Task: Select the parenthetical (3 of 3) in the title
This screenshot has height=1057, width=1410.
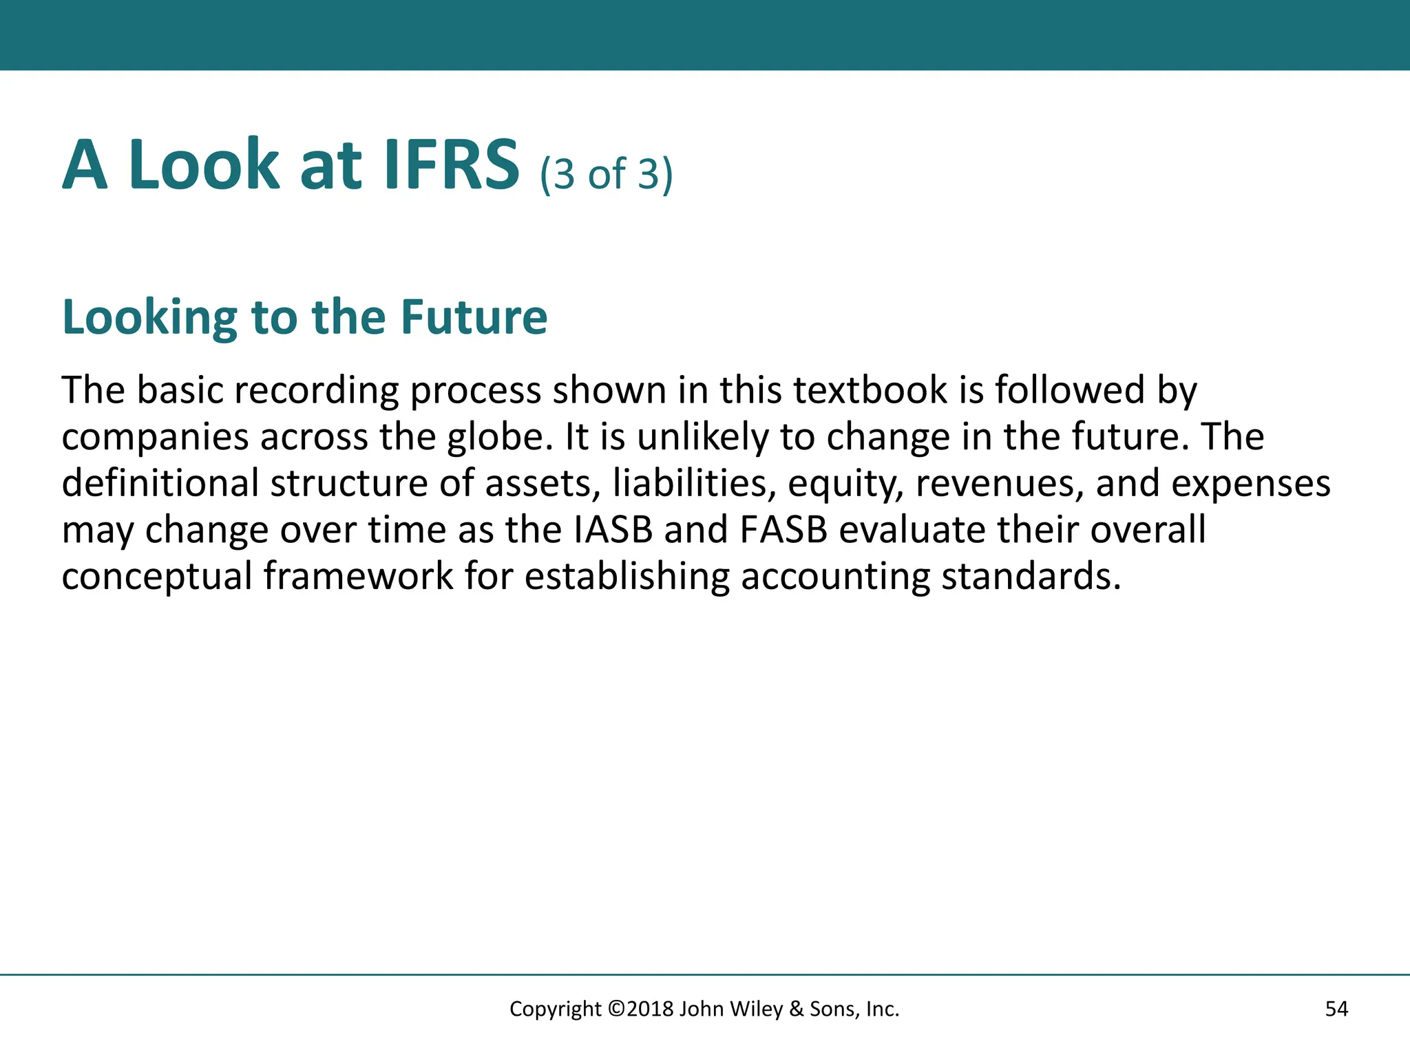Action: click(606, 173)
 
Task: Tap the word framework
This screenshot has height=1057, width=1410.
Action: click(358, 577)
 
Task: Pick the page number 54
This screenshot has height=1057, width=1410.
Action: click(1336, 1009)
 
